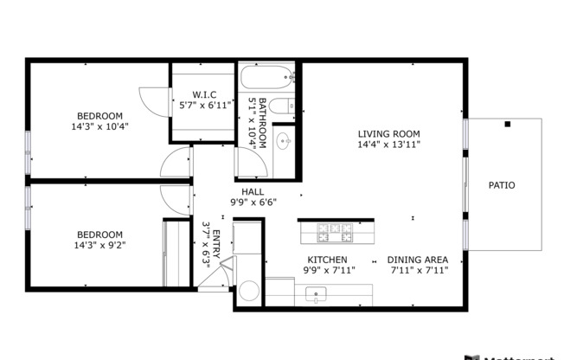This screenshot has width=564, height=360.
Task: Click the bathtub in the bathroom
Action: pos(269,80)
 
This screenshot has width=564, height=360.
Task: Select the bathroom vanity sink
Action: pos(285,140)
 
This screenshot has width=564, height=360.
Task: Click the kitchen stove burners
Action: pos(335,233)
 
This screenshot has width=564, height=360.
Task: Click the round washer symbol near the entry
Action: pos(249,290)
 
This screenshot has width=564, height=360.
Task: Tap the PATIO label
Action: pos(502,185)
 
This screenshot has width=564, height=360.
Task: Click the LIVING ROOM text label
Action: pos(389,134)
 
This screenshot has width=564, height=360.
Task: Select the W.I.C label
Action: pos(205,93)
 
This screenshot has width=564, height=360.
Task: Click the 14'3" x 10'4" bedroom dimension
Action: pos(99,126)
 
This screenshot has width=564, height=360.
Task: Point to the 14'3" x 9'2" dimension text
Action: pos(99,245)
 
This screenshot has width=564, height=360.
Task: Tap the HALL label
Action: pos(253,192)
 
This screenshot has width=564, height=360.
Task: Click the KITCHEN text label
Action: pos(328,260)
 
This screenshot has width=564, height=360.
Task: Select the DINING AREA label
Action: pos(417,260)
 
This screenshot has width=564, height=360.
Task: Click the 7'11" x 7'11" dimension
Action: pos(417,270)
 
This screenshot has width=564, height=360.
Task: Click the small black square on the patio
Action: pos(508,125)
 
